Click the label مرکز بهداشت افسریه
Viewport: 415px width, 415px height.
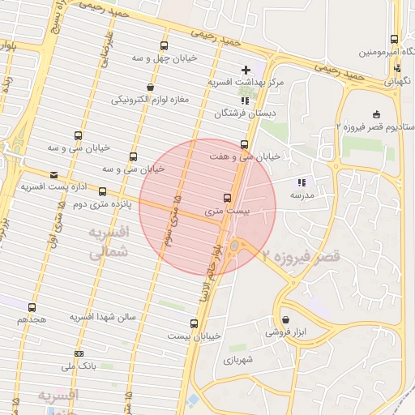coord(246,83)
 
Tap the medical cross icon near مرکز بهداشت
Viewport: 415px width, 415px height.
coord(246,71)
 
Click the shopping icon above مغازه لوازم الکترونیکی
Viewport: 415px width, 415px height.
coord(150,87)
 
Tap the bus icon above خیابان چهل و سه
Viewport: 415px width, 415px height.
coord(165,45)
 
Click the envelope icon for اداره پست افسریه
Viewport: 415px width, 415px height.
coord(53,174)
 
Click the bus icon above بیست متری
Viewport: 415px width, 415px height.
coord(226,197)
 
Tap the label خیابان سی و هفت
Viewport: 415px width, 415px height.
coord(245,156)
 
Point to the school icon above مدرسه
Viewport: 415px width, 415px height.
coord(302,182)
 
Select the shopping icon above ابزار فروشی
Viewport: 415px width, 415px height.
coord(285,319)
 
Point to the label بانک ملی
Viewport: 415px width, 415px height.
coord(82,366)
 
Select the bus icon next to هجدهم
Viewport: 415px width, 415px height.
coord(32,307)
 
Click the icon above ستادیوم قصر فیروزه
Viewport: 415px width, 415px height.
coord(375,113)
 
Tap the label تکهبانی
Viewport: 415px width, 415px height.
coord(397,81)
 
